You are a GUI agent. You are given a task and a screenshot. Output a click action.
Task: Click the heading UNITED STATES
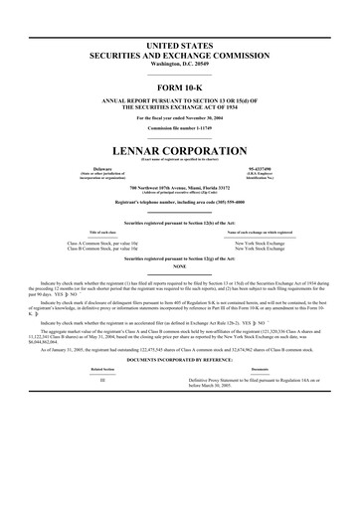pos(180,47)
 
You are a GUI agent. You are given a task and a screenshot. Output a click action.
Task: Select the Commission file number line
pos(180,128)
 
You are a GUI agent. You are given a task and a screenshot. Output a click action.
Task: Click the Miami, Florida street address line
pos(180,188)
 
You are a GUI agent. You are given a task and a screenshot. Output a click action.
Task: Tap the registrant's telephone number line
pos(180,202)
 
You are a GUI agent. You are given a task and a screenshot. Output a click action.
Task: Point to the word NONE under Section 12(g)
pos(180,266)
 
